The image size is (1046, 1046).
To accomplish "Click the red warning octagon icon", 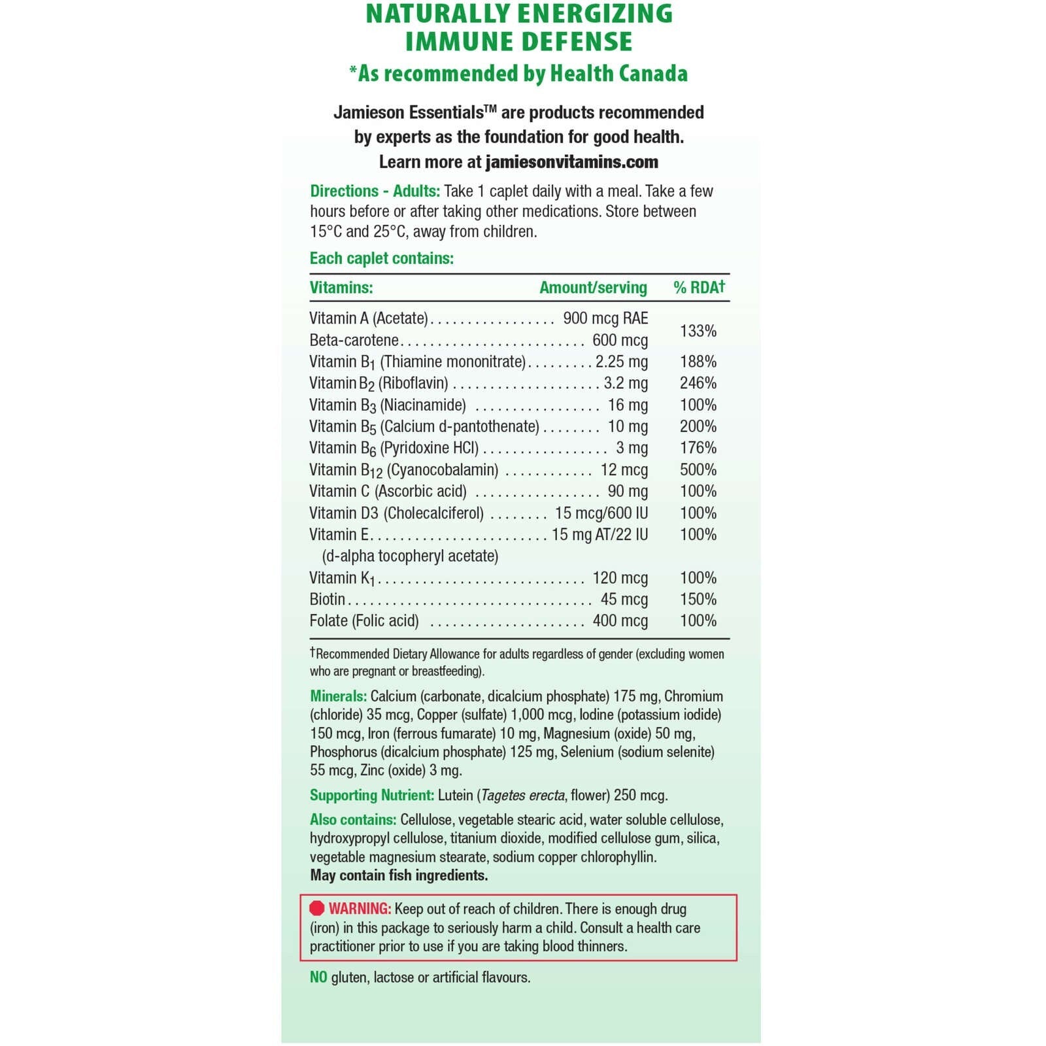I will pyautogui.click(x=317, y=908).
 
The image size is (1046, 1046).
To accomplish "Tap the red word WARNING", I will pyautogui.click(x=360, y=909).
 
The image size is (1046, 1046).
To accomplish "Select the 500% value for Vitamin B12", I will pyautogui.click(x=698, y=469).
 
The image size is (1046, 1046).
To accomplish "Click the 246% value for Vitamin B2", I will pyautogui.click(x=698, y=382).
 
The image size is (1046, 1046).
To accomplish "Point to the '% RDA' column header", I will pyautogui.click(x=699, y=287).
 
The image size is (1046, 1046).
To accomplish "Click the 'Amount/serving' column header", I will pyautogui.click(x=593, y=288).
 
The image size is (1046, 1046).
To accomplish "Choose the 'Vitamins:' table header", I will pyautogui.click(x=341, y=288).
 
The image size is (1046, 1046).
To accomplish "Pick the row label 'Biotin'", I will pyautogui.click(x=328, y=599).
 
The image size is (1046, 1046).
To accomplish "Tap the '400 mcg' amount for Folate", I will pyautogui.click(x=620, y=620).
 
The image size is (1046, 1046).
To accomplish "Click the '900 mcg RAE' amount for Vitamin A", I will pyautogui.click(x=605, y=318).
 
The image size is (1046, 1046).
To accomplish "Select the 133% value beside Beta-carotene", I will pyautogui.click(x=698, y=331).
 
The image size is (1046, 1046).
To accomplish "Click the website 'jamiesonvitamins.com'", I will pyautogui.click(x=571, y=162).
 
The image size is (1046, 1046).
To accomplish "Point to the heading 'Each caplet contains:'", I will pyautogui.click(x=382, y=258).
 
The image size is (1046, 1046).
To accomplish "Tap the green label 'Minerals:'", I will pyautogui.click(x=338, y=696).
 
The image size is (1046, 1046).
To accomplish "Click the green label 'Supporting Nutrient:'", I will pyautogui.click(x=371, y=795).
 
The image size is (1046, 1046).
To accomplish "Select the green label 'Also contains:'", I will pyautogui.click(x=353, y=820).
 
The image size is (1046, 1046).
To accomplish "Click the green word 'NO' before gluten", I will pyautogui.click(x=318, y=977).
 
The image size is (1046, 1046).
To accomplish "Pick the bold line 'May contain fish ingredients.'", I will pyautogui.click(x=399, y=875).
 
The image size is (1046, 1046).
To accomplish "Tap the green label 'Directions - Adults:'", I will pyautogui.click(x=375, y=191).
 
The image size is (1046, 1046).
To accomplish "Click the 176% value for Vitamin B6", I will pyautogui.click(x=698, y=448).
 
